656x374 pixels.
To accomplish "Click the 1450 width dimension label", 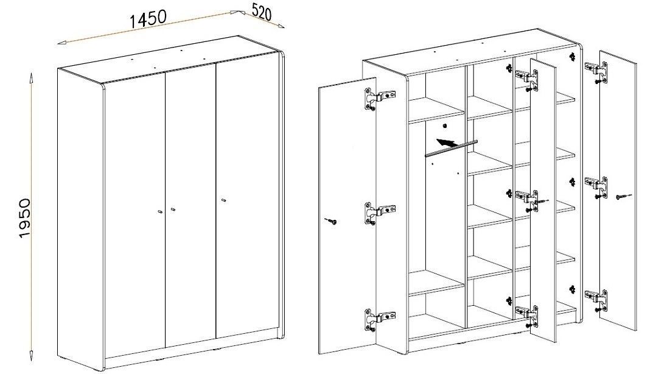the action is click(148, 19).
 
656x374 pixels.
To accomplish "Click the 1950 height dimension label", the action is click(25, 218).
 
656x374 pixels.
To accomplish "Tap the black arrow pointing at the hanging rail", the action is click(447, 143).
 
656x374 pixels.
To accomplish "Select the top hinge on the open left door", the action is click(379, 99).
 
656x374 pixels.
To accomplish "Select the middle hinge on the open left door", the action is click(379, 213).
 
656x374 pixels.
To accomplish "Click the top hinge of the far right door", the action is click(596, 71).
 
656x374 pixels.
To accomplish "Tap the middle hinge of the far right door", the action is click(596, 187).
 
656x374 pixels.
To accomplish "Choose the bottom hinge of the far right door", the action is click(596, 300).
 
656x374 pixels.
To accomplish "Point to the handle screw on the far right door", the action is click(623, 196).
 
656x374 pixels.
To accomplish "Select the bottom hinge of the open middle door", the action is click(526, 316).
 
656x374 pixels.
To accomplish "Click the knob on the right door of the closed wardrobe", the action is click(223, 200).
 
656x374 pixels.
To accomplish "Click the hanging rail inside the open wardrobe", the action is click(451, 148).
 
